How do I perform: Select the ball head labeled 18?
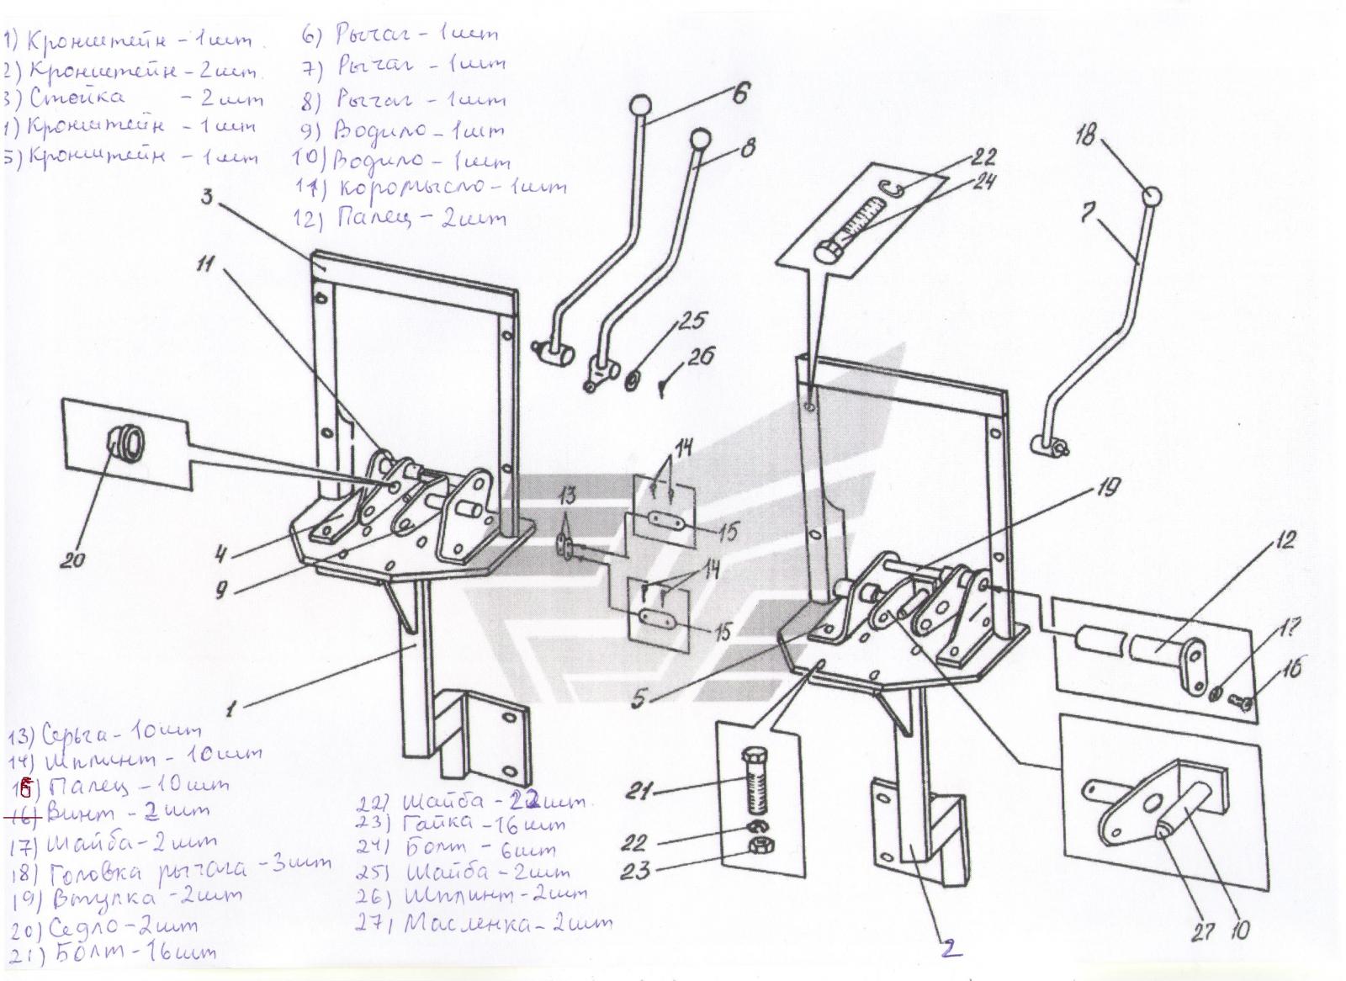1152,196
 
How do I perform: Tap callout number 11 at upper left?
205,266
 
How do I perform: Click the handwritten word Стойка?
77,98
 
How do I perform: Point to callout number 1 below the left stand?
231,708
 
